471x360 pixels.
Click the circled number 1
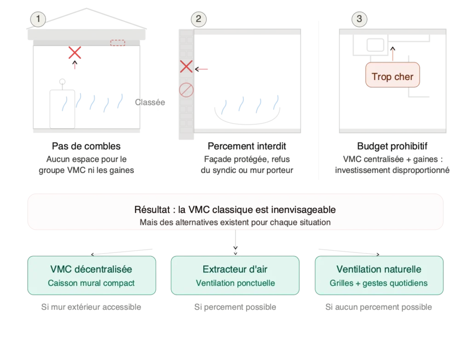38,19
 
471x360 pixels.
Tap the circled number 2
198,19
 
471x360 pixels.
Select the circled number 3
359,19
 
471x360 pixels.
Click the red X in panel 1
75,53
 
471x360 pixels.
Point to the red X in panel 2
186,68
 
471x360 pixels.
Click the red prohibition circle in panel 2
186,90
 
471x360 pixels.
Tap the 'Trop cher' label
392,77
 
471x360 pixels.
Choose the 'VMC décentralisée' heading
91,269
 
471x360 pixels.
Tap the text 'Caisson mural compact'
91,283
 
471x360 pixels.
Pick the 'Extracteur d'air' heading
235,269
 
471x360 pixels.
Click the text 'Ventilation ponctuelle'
235,283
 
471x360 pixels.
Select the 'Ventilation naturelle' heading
379,269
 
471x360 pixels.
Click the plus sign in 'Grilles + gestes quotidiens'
358,283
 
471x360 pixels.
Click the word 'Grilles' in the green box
342,283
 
